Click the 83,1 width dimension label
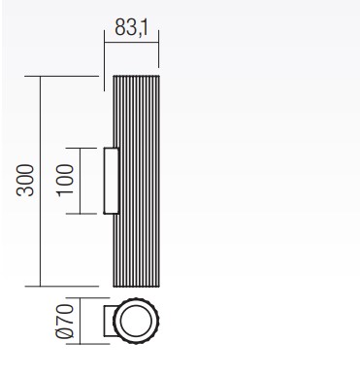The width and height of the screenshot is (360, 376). coord(131,27)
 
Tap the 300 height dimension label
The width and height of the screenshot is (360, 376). coord(25,181)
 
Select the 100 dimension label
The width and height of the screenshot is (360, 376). coord(65,181)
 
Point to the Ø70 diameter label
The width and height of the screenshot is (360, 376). coord(65,321)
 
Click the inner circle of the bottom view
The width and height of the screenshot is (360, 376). coord(136,321)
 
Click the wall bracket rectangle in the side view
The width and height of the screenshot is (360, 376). coord(112,181)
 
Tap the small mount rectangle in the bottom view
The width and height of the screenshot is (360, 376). coord(109,321)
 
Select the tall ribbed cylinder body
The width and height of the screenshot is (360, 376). coord(136,182)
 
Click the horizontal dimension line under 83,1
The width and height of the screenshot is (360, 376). coord(131,42)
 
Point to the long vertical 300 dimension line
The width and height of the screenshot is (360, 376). coord(40,182)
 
